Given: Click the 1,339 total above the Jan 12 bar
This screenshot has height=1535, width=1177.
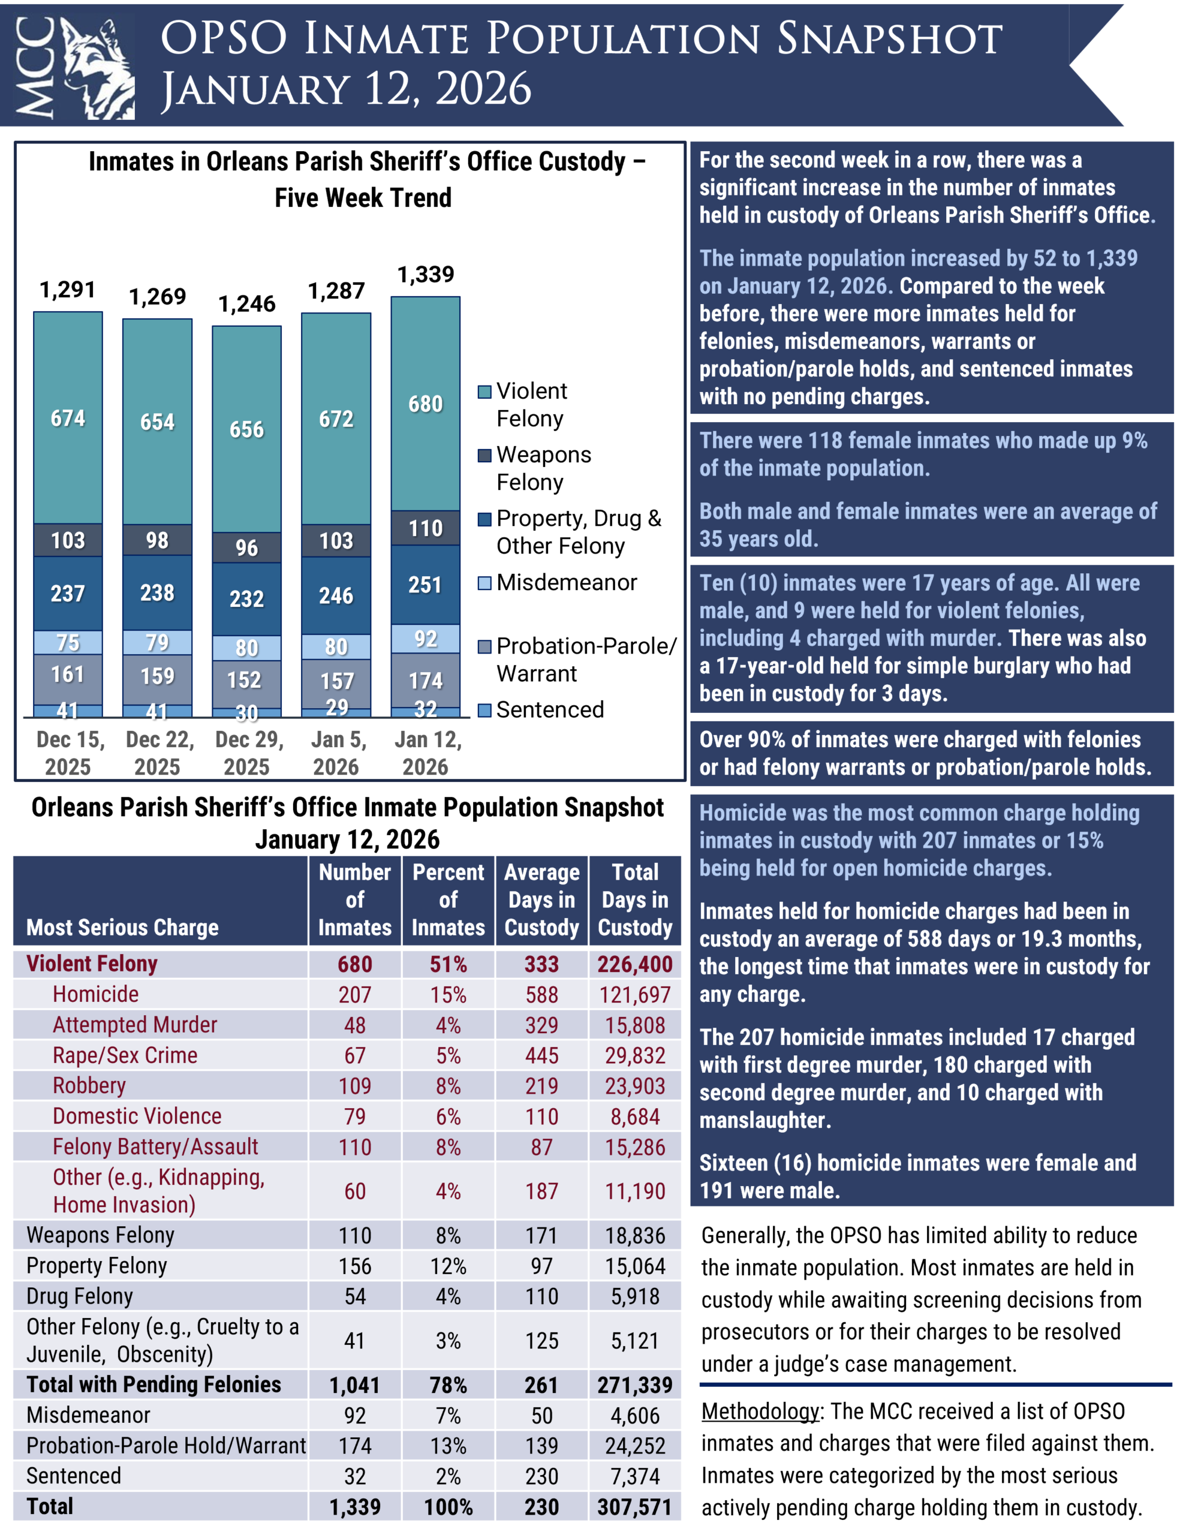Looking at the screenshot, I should (425, 274).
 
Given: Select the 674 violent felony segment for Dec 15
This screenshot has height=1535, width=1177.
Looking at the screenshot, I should (68, 419).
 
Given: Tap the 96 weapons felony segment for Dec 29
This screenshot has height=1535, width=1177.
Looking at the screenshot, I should (246, 547).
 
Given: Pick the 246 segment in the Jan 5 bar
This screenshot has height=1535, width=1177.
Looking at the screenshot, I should (336, 595).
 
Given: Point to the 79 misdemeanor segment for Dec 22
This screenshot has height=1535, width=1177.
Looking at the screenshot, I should (157, 642).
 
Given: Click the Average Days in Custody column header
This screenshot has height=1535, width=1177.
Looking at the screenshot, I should (541, 899).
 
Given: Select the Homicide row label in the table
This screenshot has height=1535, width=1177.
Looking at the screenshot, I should (96, 994).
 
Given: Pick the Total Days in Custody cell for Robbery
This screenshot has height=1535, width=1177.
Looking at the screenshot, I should (635, 1086).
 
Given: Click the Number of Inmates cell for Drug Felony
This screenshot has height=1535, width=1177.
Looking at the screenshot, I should (354, 1296).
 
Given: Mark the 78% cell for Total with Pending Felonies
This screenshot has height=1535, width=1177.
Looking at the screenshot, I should (448, 1385).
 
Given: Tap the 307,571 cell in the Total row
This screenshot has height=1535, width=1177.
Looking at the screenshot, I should (635, 1507).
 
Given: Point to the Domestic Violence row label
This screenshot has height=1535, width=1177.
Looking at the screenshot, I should (137, 1116).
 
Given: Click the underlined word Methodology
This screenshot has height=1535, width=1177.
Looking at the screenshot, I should (760, 1411).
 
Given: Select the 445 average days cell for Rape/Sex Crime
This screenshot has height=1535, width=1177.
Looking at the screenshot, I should (541, 1055).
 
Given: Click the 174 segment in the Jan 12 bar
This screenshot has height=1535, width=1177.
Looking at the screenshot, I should (425, 681).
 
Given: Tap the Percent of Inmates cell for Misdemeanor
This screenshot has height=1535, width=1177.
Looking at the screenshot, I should (448, 1415).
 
